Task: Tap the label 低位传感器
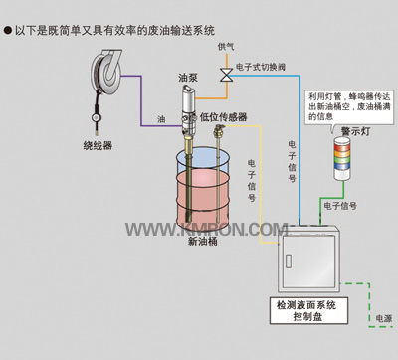[223, 116]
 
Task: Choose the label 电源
[380, 318]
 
